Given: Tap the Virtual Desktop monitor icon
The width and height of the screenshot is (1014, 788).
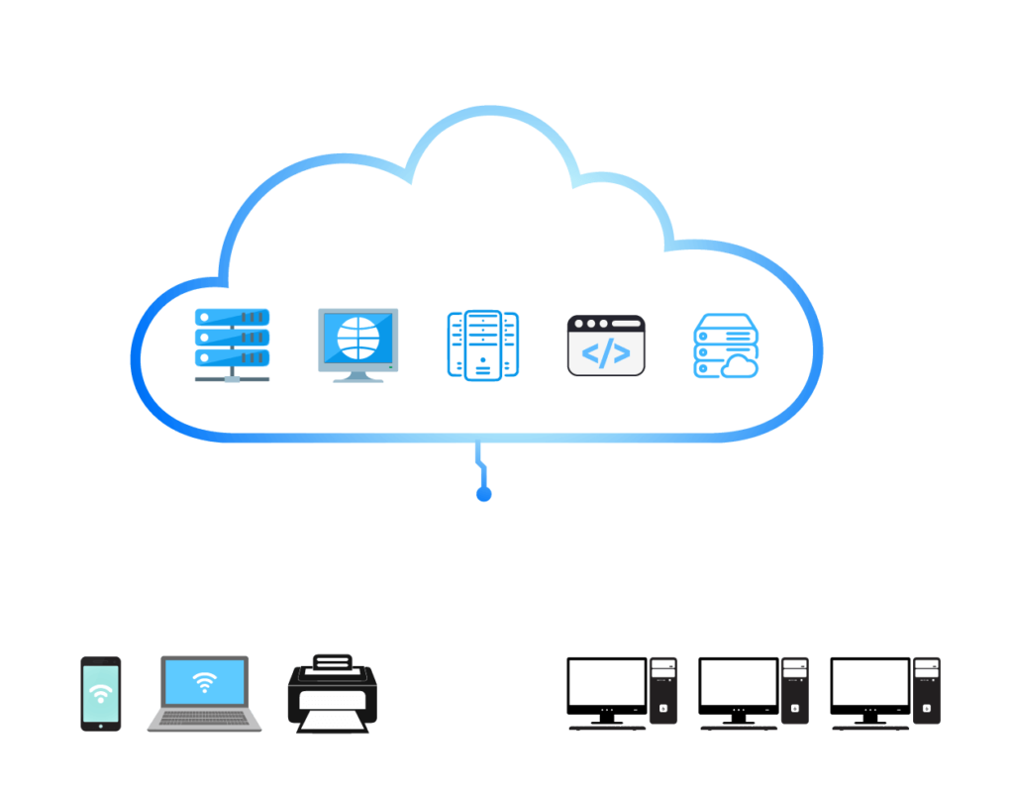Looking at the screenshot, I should pyautogui.click(x=358, y=344).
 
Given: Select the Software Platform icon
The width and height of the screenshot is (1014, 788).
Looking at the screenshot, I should pyautogui.click(x=483, y=345).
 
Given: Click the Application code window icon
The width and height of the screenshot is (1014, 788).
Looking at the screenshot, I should pyautogui.click(x=606, y=345).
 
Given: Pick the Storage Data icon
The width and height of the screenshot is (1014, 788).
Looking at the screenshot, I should pyautogui.click(x=725, y=346).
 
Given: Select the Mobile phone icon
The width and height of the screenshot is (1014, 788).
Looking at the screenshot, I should pyautogui.click(x=100, y=694).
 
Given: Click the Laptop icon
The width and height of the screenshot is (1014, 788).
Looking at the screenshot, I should pyautogui.click(x=205, y=694).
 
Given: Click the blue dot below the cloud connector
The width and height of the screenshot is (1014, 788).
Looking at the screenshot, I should pyautogui.click(x=483, y=494).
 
